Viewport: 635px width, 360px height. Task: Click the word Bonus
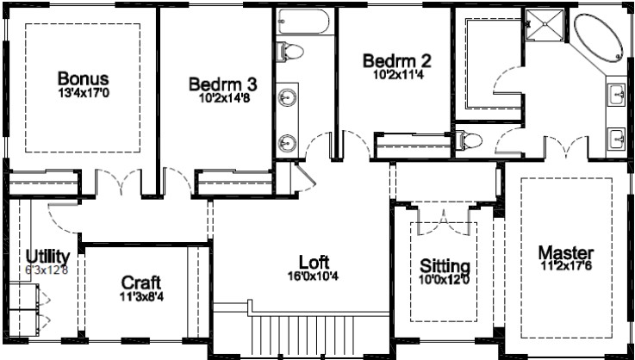(x=83, y=78)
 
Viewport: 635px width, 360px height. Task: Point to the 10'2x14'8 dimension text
(x=223, y=98)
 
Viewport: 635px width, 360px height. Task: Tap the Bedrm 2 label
(x=397, y=61)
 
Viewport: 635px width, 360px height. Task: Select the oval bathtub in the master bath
(x=599, y=38)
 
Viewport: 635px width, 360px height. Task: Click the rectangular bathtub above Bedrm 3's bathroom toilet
(x=303, y=21)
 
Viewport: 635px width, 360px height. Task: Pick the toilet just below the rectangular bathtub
(x=290, y=52)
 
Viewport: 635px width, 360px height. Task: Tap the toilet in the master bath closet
(x=469, y=140)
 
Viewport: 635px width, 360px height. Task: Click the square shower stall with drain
(x=545, y=25)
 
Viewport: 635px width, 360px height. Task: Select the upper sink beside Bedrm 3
(x=288, y=97)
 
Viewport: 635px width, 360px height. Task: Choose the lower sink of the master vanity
(x=618, y=139)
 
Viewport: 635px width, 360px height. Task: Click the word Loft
(x=314, y=263)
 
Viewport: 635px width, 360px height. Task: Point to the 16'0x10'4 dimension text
(x=313, y=276)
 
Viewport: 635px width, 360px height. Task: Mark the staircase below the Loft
(x=303, y=335)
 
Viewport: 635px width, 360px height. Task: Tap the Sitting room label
(x=445, y=266)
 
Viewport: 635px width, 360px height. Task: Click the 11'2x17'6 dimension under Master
(x=566, y=265)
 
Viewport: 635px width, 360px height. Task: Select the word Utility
(x=47, y=257)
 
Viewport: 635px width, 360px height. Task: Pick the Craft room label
(x=141, y=282)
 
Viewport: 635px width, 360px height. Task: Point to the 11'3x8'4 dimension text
(x=142, y=297)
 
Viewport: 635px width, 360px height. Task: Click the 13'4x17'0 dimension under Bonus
(x=84, y=93)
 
